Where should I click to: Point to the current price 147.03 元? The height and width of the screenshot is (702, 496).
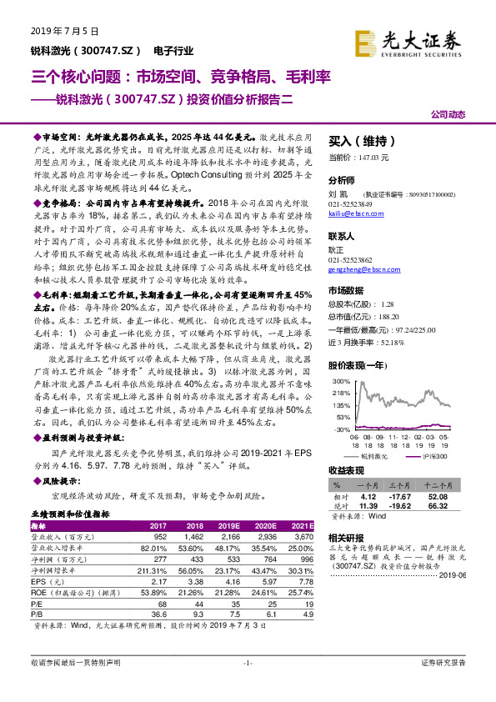click(x=355, y=157)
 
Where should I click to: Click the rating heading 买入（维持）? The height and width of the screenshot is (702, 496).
click(x=362, y=142)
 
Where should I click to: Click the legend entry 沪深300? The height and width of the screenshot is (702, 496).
click(x=433, y=457)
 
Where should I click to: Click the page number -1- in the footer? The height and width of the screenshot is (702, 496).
click(x=247, y=662)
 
